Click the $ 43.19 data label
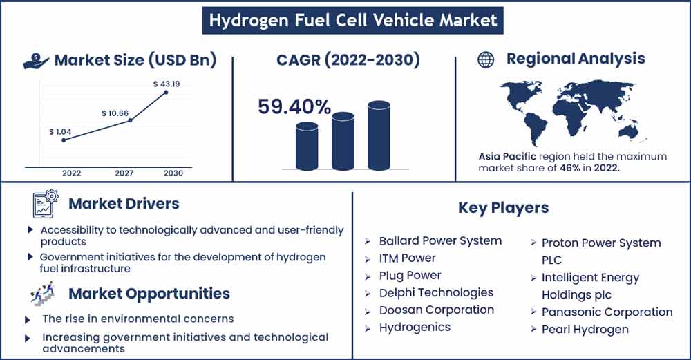coord(167,84)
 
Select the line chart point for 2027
coord(130,120)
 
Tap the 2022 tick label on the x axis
coord(71,173)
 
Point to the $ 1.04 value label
coord(60,132)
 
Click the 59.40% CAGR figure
coord(294,106)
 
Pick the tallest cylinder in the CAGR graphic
coord(379,135)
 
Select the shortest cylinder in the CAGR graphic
coord(307,146)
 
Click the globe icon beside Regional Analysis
coord(486,59)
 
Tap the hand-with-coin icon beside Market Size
coord(36,61)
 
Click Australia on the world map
coord(629,130)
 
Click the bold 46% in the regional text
coord(570,168)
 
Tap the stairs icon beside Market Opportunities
coord(42,294)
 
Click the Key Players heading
coord(503,207)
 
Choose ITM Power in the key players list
coord(407,258)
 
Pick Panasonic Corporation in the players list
coord(607,312)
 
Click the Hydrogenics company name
coord(415,328)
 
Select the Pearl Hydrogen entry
coord(585,330)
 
